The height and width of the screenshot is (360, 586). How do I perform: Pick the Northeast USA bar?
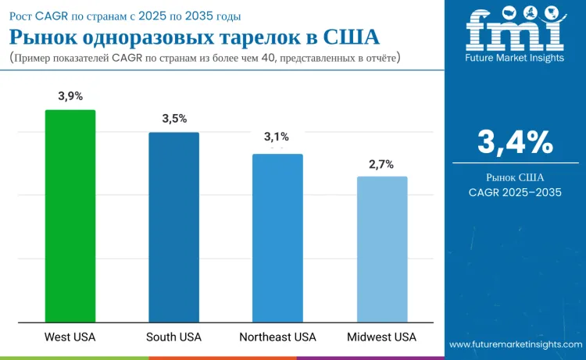click(277, 237)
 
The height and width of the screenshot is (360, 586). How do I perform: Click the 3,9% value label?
click(70, 96)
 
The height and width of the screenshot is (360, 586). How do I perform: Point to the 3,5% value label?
click(174, 119)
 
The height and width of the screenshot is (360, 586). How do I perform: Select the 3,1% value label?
click(277, 137)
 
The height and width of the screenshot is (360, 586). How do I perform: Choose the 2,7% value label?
click(381, 165)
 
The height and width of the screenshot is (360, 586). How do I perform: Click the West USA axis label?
click(70, 337)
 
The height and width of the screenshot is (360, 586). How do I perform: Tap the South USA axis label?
click(173, 337)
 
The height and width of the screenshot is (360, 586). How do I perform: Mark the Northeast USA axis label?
click(277, 337)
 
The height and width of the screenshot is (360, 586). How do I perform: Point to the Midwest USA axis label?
click(382, 337)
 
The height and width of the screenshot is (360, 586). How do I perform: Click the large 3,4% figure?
click(515, 143)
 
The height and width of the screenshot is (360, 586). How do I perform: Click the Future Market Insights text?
click(515, 59)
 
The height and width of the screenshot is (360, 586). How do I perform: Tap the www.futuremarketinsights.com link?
click(515, 344)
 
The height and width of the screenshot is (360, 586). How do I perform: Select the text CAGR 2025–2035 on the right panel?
click(515, 192)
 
